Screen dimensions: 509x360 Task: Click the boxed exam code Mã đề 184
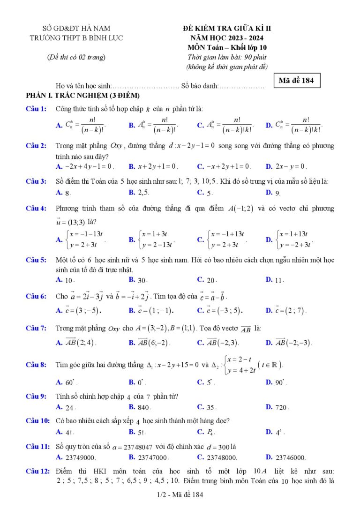tap(296, 81)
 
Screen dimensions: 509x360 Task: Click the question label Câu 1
tap(36, 109)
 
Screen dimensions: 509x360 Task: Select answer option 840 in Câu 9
tap(143, 407)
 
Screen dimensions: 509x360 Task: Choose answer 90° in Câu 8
tap(280, 382)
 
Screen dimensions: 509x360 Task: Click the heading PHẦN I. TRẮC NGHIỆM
tap(83, 96)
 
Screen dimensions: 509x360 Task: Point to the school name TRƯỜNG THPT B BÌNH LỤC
tap(76, 38)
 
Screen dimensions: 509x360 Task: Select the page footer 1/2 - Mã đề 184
tap(180, 494)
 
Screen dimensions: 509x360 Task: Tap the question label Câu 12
tap(37, 470)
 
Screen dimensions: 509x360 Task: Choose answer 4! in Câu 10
tap(68, 432)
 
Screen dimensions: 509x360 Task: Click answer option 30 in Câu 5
tap(142, 280)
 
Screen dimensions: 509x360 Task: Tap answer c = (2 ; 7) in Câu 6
tap(290, 310)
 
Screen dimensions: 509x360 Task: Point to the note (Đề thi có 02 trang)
tap(76, 57)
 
